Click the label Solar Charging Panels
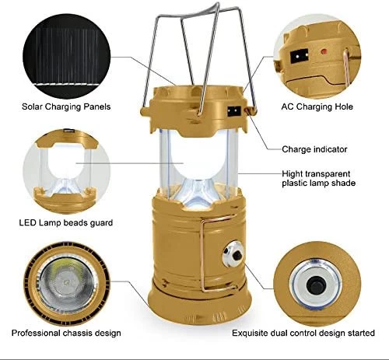click(66, 107)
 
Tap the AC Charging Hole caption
click(317, 107)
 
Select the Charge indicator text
click(314, 149)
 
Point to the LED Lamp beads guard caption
click(66, 222)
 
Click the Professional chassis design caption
click(66, 333)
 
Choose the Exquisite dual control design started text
click(303, 333)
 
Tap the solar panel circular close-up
click(66, 56)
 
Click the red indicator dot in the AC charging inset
click(324, 51)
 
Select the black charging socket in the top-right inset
click(299, 56)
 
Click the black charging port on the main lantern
click(234, 111)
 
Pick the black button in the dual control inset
click(317, 285)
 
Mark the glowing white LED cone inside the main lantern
click(199, 191)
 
